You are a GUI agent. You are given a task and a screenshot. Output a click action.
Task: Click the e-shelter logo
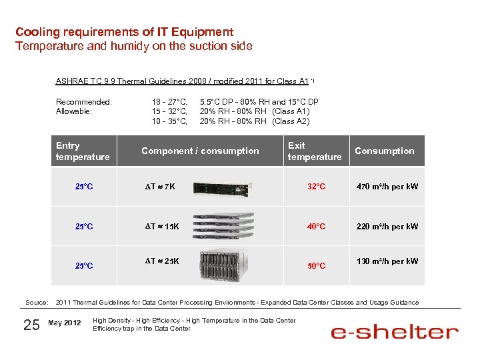click(x=395, y=331)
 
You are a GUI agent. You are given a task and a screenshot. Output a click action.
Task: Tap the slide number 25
click(x=31, y=325)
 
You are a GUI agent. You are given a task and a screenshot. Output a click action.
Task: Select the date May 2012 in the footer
click(x=65, y=324)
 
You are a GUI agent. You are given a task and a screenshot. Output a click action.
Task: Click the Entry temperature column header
click(x=83, y=151)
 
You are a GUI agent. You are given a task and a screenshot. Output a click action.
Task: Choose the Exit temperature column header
click(x=314, y=151)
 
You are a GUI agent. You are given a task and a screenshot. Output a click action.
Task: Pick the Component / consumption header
click(x=200, y=151)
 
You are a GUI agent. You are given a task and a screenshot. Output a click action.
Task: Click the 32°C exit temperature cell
click(x=317, y=187)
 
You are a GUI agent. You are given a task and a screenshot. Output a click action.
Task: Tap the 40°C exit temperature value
click(x=317, y=227)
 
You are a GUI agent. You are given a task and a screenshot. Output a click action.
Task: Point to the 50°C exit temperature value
click(x=317, y=266)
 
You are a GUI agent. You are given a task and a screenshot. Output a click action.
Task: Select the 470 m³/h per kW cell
click(x=387, y=187)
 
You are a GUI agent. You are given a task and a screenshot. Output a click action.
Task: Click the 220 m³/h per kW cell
click(x=387, y=227)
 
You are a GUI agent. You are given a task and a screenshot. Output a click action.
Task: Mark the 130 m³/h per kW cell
click(x=387, y=261)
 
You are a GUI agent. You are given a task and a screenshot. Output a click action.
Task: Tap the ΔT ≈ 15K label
click(x=162, y=227)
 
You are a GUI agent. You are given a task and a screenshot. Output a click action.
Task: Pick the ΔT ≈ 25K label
click(x=162, y=261)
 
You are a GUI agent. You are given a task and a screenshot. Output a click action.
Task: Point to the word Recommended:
click(x=84, y=102)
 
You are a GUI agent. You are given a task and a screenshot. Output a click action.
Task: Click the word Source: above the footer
click(x=37, y=303)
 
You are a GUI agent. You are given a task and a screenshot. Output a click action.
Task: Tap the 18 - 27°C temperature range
click(x=169, y=102)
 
